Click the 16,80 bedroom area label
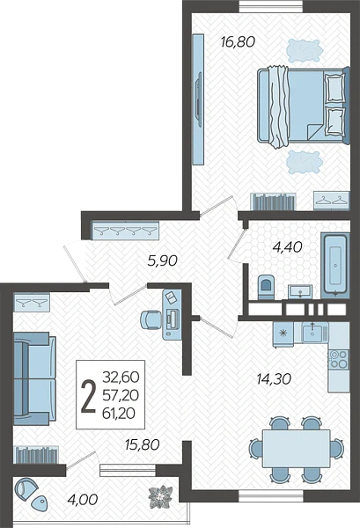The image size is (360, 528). click(238, 42)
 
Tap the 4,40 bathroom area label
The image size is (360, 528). click(287, 247)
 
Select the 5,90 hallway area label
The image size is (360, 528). click(162, 260)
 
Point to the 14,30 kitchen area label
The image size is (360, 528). click(274, 379)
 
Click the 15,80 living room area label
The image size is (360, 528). click(142, 444)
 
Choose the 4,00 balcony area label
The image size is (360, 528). click(83, 499)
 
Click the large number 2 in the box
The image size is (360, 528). click(89, 396)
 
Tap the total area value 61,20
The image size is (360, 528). click(121, 414)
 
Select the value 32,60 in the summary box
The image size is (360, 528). click(121, 378)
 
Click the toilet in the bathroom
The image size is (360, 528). click(267, 287)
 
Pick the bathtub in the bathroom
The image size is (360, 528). click(335, 266)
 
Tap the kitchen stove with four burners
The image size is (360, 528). click(339, 359)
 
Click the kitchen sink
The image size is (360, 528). click(314, 332)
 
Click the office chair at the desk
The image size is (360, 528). click(151, 319)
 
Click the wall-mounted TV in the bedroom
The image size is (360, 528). click(198, 99)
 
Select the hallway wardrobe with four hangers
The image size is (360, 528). click(125, 231)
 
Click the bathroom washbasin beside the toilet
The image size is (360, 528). click(300, 291)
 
